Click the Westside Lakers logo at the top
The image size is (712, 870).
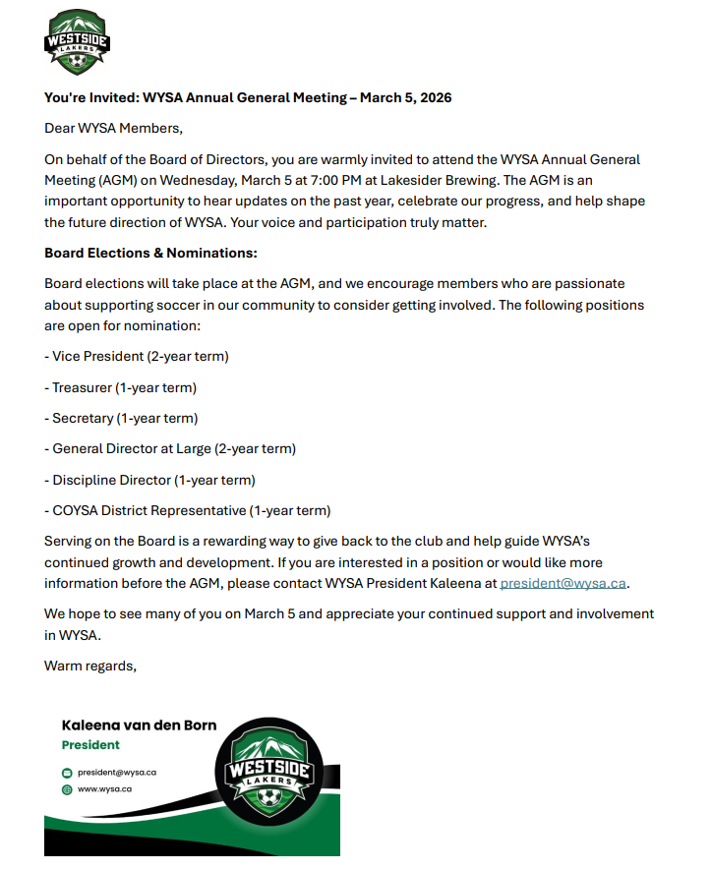coord(77,43)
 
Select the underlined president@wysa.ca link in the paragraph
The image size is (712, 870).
coord(563,583)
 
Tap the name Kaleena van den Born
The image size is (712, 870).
coord(139,725)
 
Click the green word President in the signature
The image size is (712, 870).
coord(90,745)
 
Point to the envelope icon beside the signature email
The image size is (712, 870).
coord(67,773)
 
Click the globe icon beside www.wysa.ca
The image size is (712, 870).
coord(67,788)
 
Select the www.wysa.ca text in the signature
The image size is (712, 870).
coord(105,788)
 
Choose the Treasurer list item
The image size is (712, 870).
coord(121,387)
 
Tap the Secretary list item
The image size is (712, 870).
coord(121,418)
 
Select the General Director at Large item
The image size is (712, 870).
coord(170,448)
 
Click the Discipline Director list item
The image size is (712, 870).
coord(149,480)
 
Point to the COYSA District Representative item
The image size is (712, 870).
coord(188,510)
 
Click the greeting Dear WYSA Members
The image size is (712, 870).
coord(113,128)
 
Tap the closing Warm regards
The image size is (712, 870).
coord(89,666)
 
